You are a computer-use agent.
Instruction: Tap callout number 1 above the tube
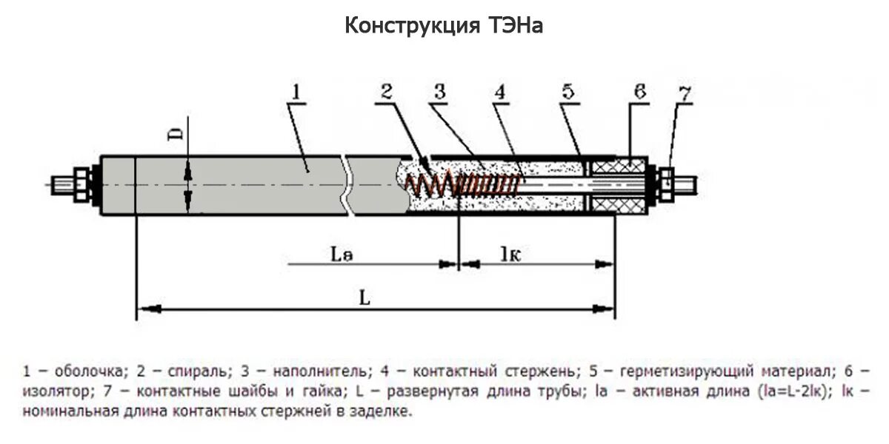[296, 92]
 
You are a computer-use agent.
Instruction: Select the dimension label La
[342, 255]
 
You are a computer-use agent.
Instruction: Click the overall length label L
[364, 297]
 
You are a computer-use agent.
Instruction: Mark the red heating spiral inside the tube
[459, 184]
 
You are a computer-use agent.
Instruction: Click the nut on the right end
[665, 183]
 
